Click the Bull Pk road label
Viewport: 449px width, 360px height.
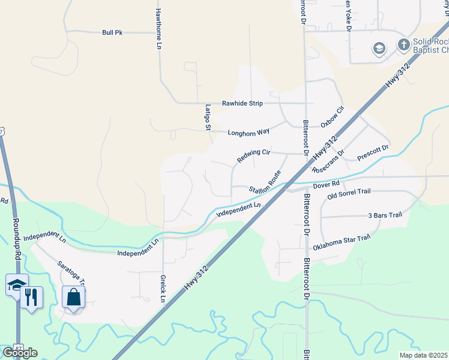coord(112,32)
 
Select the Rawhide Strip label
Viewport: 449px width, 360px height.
coord(243,103)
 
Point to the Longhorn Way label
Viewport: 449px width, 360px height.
coord(249,131)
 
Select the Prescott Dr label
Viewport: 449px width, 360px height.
coord(373,152)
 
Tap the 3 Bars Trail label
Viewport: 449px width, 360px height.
coord(384,215)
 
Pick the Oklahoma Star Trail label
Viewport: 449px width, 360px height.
coord(342,243)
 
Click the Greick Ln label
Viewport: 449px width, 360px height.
coord(163,289)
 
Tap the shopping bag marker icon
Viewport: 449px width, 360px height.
coord(73,296)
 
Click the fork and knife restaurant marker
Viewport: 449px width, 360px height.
coord(32,296)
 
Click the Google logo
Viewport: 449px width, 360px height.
coord(20,352)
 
